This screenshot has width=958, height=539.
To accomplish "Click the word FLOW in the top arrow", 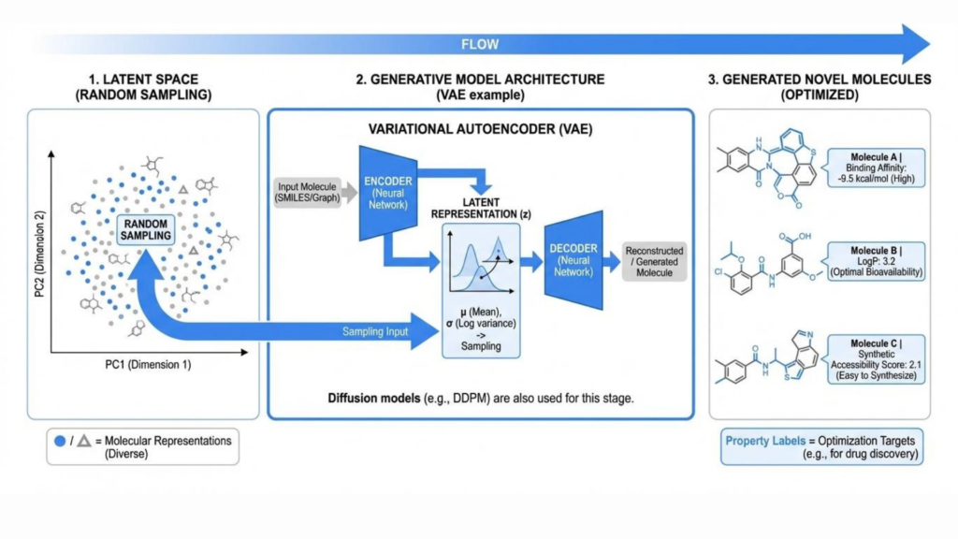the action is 480,45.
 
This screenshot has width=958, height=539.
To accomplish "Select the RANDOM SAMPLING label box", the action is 145,230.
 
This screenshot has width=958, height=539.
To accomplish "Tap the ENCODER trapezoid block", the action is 388,193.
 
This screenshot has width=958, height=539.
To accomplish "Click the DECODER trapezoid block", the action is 573,260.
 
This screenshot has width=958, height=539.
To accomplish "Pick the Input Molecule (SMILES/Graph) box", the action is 307,193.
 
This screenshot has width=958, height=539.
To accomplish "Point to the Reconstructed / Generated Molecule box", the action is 654,262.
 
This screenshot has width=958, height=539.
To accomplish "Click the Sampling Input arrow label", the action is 375,332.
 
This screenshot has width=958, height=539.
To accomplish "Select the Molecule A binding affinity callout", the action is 876,168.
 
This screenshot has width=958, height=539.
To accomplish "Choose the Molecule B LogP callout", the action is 876,262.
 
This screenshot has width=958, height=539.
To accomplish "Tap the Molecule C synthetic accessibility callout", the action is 876,359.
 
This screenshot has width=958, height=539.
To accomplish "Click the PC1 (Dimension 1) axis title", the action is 148,365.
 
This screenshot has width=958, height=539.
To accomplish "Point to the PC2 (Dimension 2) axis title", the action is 39,255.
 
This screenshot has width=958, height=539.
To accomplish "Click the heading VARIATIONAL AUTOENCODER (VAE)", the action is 480,129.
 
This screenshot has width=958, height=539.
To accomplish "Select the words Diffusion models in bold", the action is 374,399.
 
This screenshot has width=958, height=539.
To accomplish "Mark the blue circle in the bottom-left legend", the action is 60,441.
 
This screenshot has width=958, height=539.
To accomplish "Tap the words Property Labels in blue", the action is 765,441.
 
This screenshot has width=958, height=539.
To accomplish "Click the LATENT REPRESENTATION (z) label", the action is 481,209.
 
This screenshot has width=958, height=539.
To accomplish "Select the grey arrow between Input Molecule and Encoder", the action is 350,193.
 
